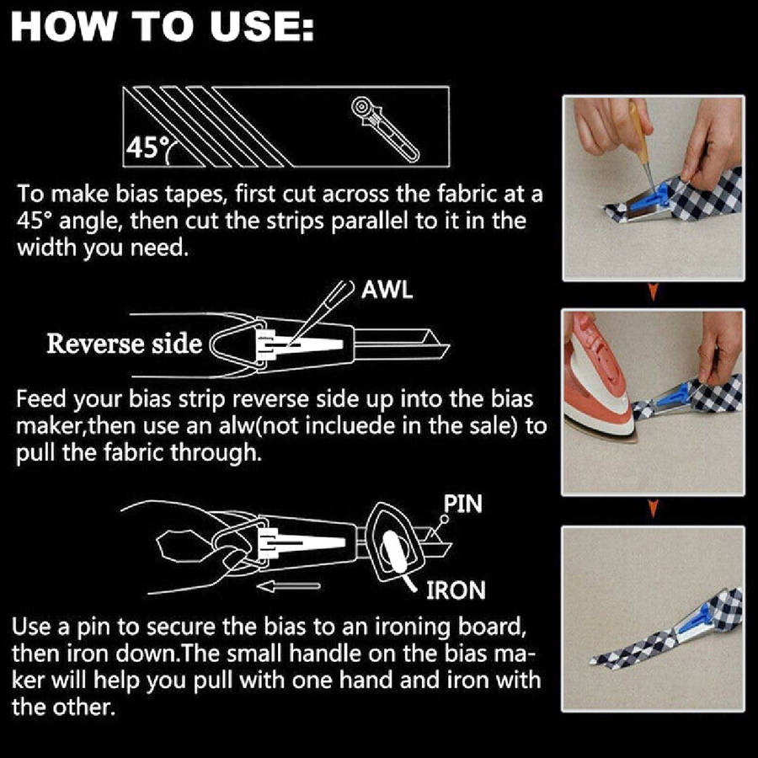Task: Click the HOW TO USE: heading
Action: click(x=163, y=27)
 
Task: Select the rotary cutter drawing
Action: click(x=385, y=129)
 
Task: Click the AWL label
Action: click(x=387, y=290)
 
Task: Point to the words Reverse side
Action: click(x=125, y=344)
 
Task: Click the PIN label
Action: click(x=462, y=504)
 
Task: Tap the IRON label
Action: click(x=456, y=590)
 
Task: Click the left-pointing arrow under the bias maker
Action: click(x=288, y=586)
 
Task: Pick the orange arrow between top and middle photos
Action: click(x=653, y=292)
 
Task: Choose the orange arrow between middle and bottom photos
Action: click(x=653, y=509)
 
